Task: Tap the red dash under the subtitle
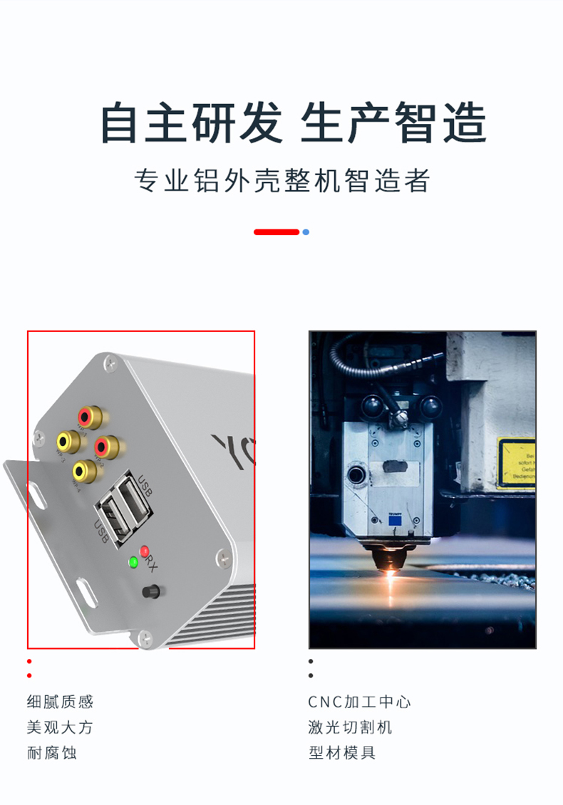tap(277, 232)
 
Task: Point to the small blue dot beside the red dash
tap(306, 232)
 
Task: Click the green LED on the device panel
tap(133, 562)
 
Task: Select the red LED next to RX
tap(145, 551)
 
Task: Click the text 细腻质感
tap(60, 702)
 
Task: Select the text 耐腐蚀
tap(51, 752)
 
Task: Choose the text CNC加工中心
tap(360, 702)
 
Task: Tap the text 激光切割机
tap(350, 727)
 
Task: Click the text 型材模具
tap(342, 752)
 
